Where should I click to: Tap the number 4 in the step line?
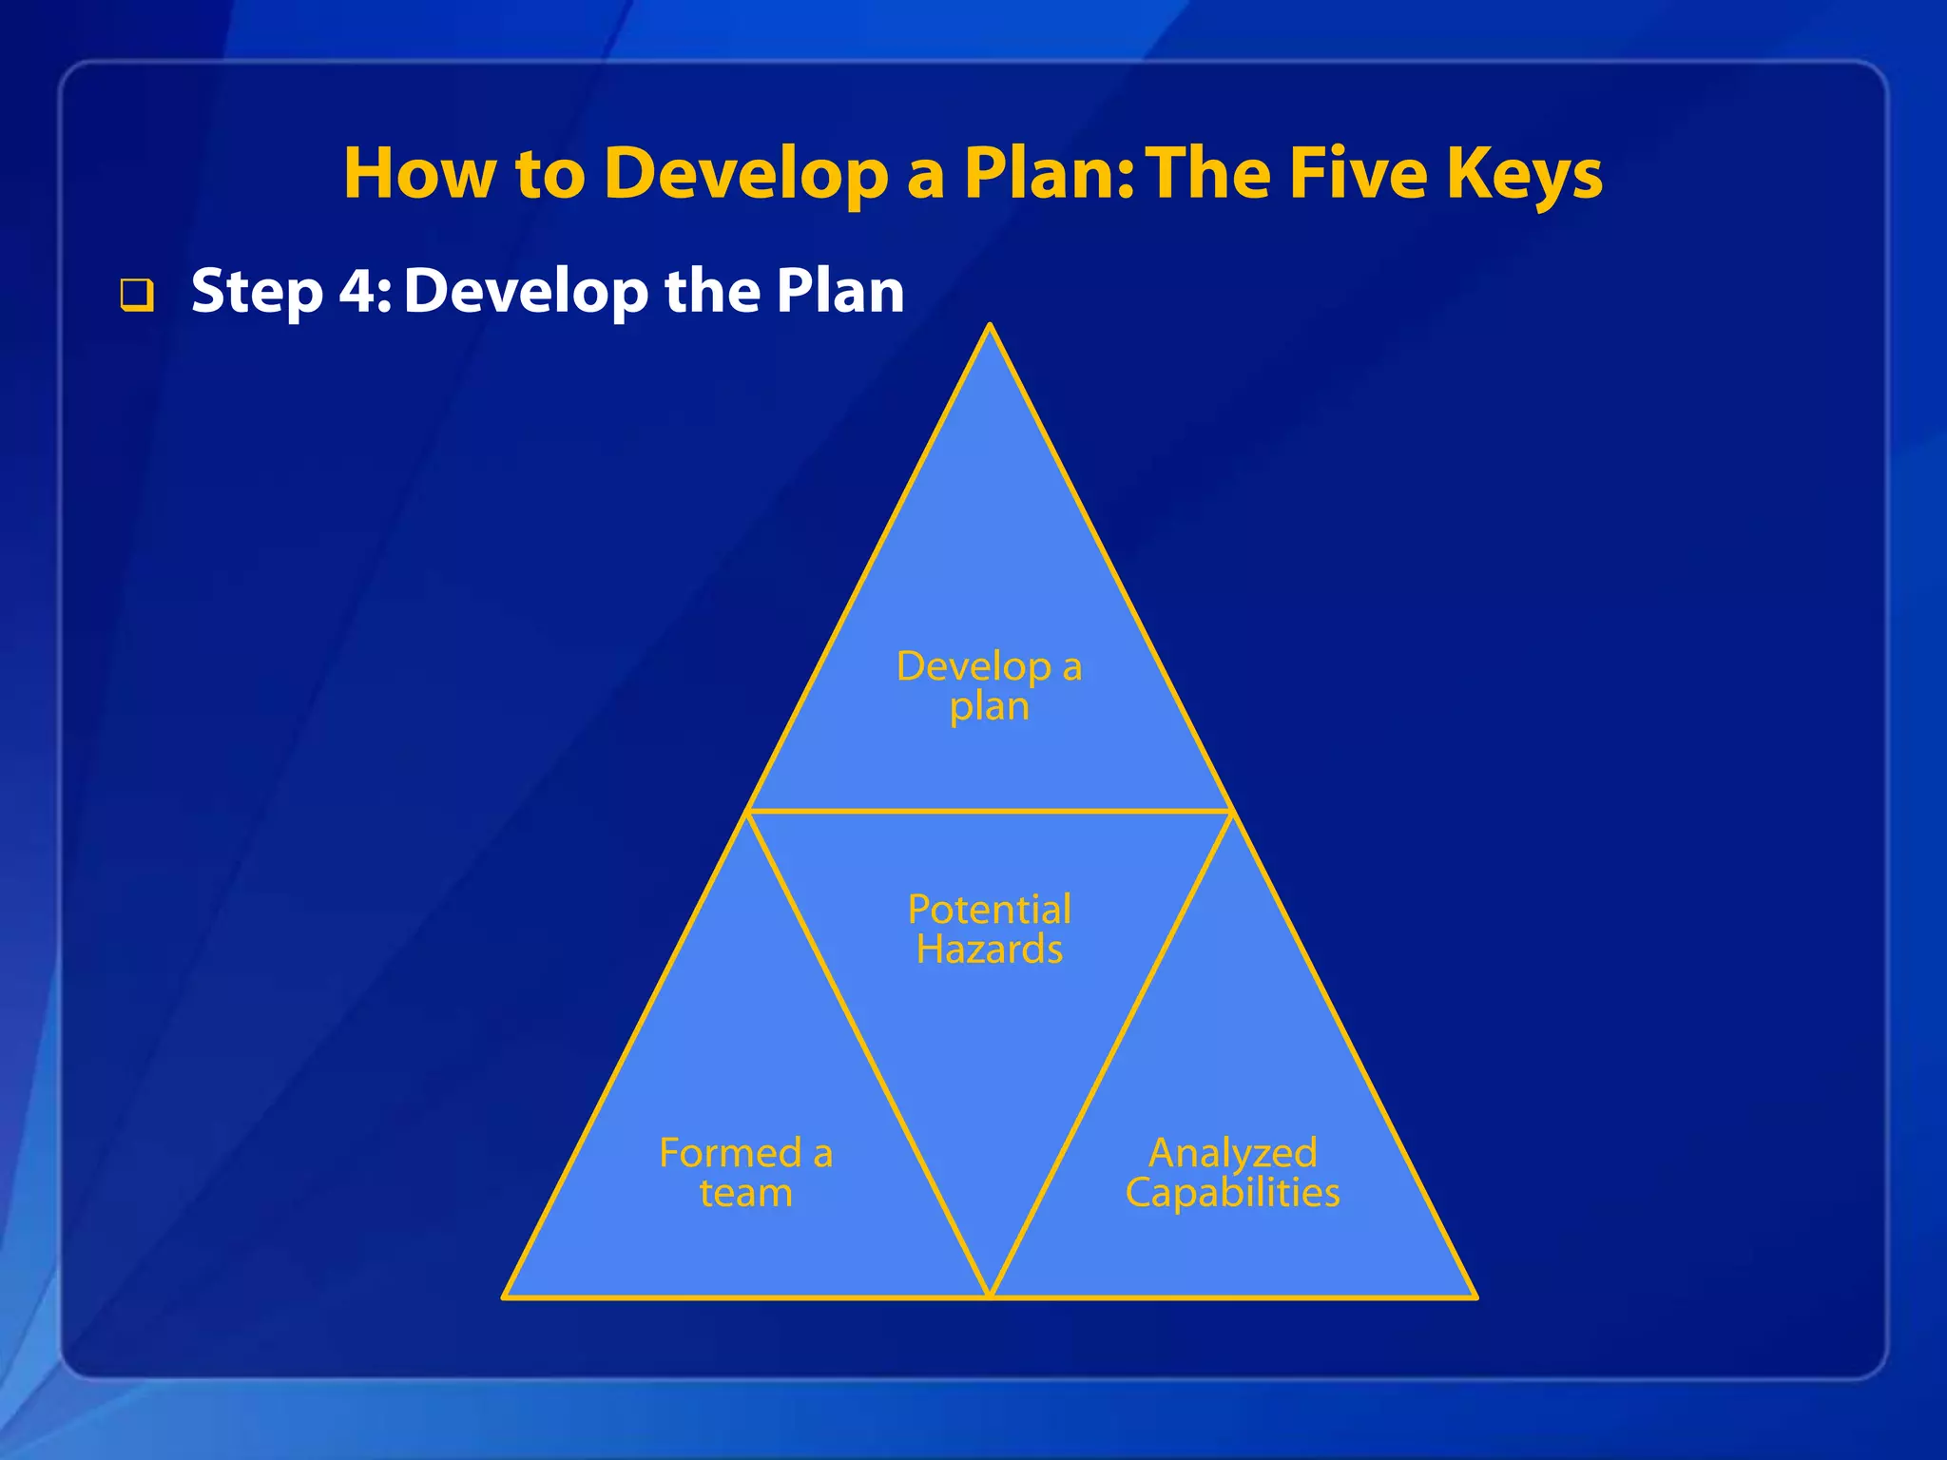click(359, 291)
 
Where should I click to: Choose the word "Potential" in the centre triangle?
click(989, 910)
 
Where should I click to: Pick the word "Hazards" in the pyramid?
click(989, 950)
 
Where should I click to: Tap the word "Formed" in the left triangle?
click(730, 1153)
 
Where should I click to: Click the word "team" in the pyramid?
click(745, 1193)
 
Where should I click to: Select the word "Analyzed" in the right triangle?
click(1232, 1153)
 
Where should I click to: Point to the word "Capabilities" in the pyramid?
click(1232, 1193)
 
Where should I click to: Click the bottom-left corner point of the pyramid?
click(504, 1297)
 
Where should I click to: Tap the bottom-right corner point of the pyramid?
click(1475, 1297)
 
